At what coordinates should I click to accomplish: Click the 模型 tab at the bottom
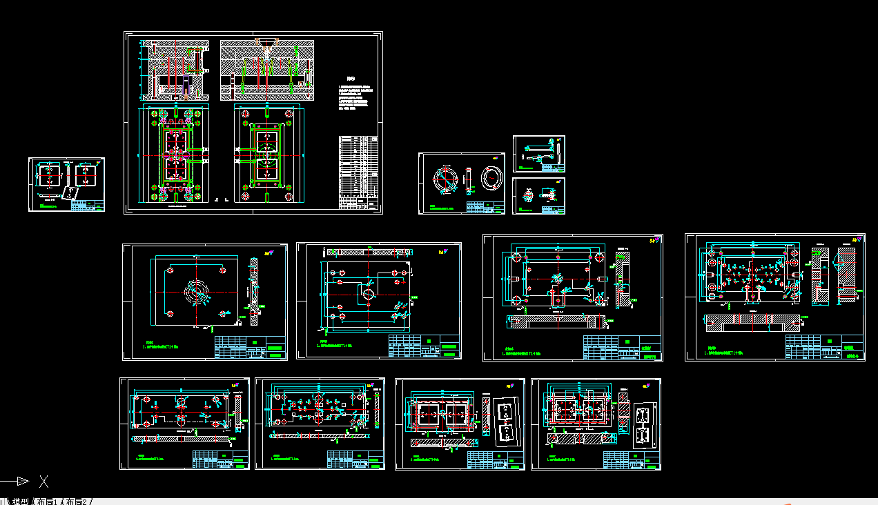(x=21, y=501)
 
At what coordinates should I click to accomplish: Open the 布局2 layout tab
(x=77, y=501)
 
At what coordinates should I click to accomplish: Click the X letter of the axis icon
(x=43, y=481)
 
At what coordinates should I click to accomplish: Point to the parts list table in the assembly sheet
(x=359, y=172)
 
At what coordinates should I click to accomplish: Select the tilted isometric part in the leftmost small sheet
(x=70, y=193)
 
